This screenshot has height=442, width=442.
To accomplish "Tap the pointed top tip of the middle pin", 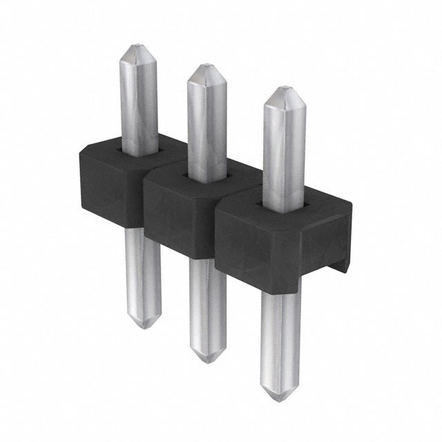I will coord(203,67).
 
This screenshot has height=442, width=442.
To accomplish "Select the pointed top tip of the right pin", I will coord(280,90).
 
